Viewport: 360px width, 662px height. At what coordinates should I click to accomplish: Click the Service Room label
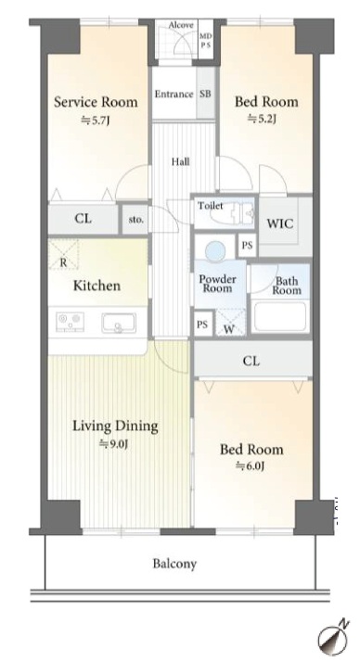pos(96,102)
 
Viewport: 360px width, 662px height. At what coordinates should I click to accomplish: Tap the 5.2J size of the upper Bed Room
pos(262,120)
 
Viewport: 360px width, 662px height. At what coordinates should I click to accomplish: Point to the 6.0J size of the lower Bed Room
pos(251,466)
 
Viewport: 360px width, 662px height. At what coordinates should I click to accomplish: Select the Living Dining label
pos(115,426)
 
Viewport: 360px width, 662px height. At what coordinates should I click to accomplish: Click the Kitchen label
pos(96,286)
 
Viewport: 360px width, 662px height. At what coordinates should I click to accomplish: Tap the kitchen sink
pos(119,324)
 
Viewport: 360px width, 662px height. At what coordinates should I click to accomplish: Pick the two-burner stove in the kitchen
pos(70,322)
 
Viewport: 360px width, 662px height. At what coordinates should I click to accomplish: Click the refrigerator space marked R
pos(63,254)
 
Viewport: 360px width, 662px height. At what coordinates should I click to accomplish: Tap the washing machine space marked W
pos(230,323)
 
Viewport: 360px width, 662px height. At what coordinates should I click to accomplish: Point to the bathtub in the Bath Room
pos(279,317)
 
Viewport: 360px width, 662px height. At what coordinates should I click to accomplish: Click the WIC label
pos(279,223)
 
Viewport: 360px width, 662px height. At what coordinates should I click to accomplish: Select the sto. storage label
pos(135,220)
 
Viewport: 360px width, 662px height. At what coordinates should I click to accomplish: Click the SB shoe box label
pos(205,95)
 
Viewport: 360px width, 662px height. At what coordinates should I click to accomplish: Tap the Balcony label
pos(175,564)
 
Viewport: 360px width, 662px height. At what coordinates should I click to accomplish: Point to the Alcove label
pos(181,25)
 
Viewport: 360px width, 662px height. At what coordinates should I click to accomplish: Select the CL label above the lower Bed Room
pos(251,361)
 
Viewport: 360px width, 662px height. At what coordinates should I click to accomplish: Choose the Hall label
pos(180,161)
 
